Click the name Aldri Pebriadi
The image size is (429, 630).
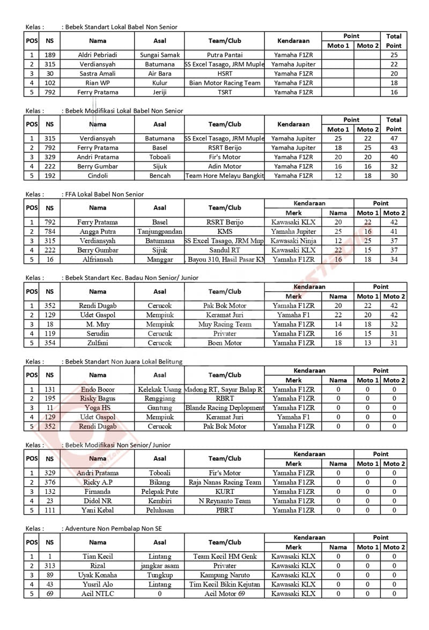(98, 55)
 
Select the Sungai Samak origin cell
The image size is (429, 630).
(160, 55)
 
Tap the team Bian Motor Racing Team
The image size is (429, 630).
(225, 83)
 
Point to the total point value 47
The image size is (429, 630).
(394, 138)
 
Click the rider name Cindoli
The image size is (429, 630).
(98, 175)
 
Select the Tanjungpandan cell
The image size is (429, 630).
(160, 231)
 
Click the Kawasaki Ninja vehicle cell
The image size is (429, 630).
(293, 241)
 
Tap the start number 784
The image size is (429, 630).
(50, 231)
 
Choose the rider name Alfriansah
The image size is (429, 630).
(98, 260)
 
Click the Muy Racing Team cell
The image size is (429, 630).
(225, 324)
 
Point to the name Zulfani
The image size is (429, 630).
(98, 343)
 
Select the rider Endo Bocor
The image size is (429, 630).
(98, 389)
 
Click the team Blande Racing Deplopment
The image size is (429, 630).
(225, 408)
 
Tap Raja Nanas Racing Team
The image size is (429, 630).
(225, 482)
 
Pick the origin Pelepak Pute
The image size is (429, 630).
(160, 492)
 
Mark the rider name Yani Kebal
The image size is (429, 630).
(98, 510)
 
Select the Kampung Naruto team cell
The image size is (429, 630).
(225, 575)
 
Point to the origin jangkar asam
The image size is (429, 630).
(160, 566)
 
